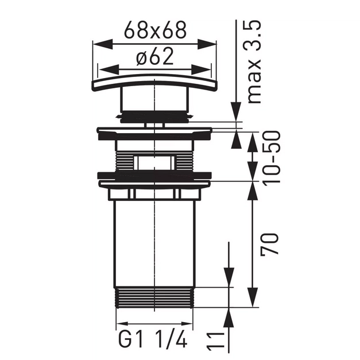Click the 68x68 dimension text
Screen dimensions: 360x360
(155, 30)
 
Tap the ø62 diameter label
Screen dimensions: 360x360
(154, 57)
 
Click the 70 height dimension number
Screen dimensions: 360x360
(269, 243)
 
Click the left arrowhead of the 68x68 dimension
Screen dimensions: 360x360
(103, 44)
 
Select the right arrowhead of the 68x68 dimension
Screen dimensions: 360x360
(206, 44)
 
